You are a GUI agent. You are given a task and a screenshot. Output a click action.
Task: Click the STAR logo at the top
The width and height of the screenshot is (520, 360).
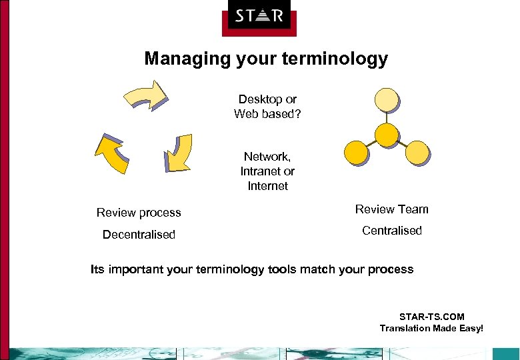coord(259,16)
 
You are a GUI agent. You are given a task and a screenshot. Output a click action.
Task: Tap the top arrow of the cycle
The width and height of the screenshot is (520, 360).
coord(147,95)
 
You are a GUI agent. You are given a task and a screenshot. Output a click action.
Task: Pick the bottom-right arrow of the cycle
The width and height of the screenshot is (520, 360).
coord(178,152)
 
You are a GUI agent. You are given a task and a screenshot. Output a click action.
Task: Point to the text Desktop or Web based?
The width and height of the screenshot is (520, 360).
coord(267,107)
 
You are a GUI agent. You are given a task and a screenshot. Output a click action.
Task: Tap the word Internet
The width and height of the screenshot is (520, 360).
coord(267,186)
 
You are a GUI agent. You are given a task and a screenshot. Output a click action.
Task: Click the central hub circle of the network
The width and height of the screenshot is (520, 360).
coord(386,134)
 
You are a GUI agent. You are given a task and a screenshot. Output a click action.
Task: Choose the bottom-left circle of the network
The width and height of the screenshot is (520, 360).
coord(355,153)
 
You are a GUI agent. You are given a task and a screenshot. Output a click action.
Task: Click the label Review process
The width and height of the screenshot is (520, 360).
coord(139,213)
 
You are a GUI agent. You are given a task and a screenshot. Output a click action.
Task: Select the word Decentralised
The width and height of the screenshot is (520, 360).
coord(139,235)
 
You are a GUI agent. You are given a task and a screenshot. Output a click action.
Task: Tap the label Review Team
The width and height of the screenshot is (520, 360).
coord(391,209)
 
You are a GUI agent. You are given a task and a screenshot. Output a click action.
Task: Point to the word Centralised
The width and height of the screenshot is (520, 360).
coord(391,231)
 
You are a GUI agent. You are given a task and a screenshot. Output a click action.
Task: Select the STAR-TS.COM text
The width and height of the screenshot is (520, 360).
coord(431,317)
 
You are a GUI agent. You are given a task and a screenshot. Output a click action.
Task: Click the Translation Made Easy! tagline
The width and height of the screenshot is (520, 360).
coord(431,328)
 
